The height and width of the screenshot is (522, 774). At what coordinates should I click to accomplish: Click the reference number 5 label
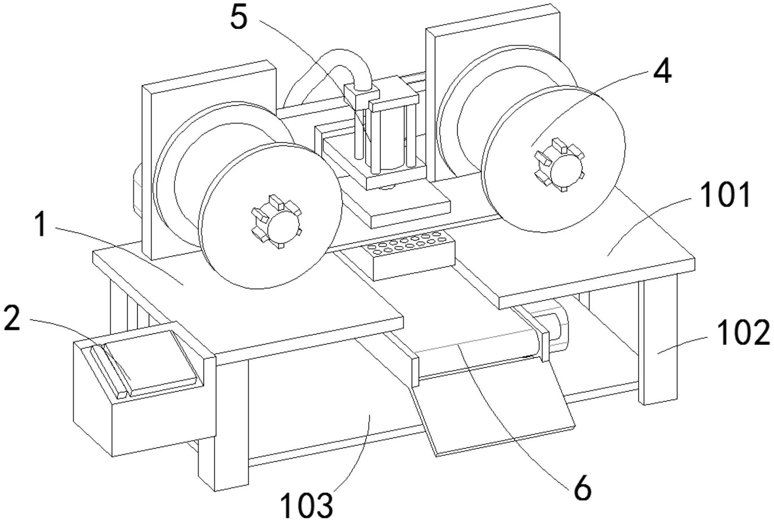point(239,18)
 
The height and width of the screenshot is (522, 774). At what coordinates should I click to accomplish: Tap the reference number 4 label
point(662,72)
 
